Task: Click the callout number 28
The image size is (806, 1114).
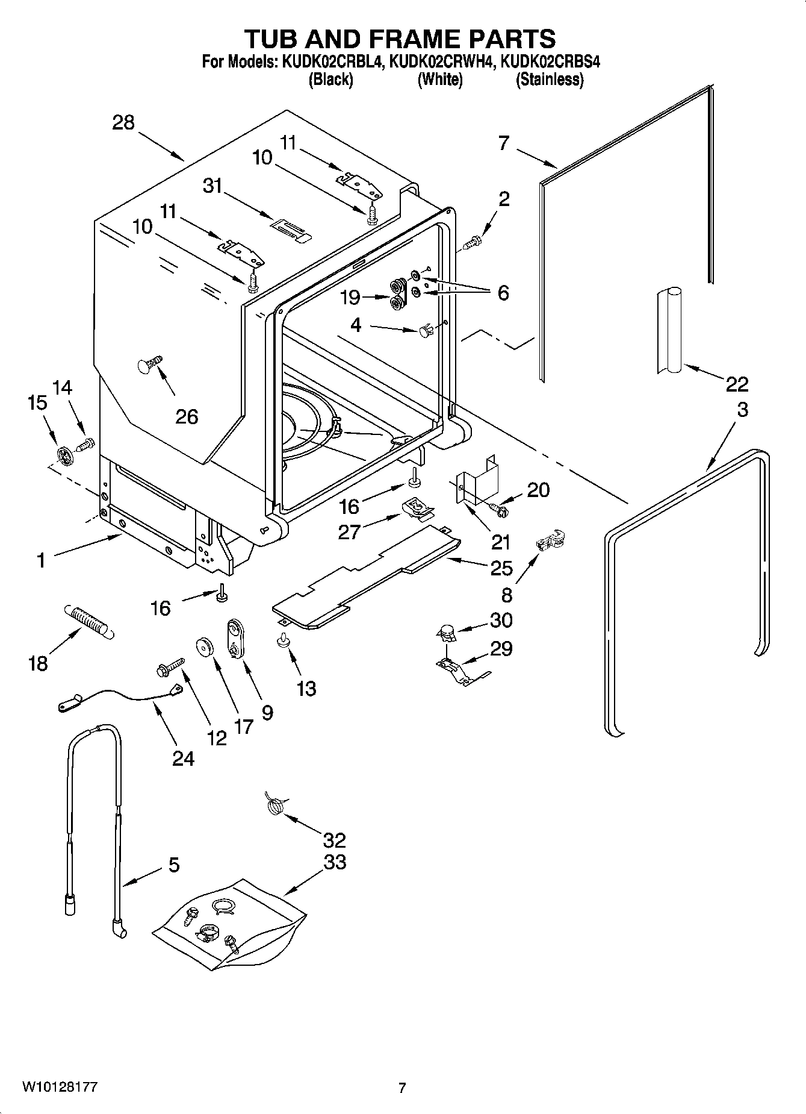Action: pyautogui.click(x=123, y=123)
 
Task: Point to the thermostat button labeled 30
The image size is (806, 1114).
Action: pyautogui.click(x=445, y=633)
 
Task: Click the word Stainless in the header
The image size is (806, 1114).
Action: pyautogui.click(x=550, y=80)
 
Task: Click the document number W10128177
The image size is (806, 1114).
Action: pyautogui.click(x=60, y=1086)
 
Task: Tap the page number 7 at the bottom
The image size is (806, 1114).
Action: pyautogui.click(x=402, y=1087)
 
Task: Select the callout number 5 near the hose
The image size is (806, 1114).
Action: pyautogui.click(x=173, y=865)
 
